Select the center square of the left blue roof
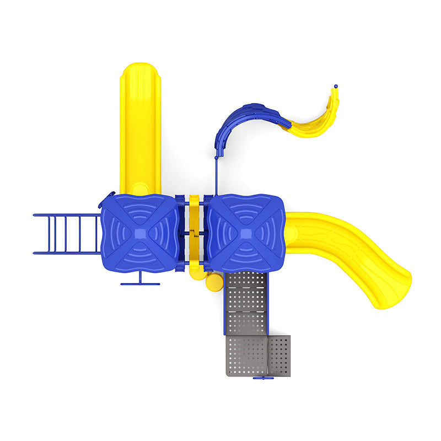click(x=140, y=233)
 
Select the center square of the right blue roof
click(x=246, y=234)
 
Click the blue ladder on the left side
click(x=66, y=234)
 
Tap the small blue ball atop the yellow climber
click(x=336, y=87)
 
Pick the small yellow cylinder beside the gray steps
click(x=212, y=283)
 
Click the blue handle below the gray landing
click(x=263, y=378)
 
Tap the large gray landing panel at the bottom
click(x=246, y=356)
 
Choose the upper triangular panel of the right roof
click(x=246, y=212)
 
